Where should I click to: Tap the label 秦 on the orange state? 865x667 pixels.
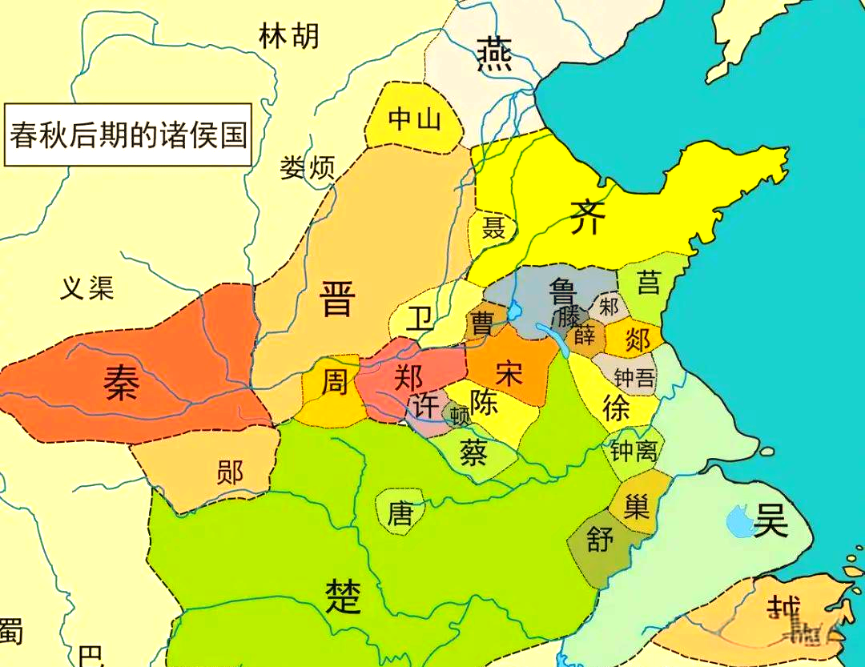122,383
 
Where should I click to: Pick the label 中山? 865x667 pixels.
414,119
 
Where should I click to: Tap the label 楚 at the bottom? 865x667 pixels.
343,596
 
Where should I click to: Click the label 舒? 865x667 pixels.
601,540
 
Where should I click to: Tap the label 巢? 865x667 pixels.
637,506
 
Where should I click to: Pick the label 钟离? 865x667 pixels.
634,452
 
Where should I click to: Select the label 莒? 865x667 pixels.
648,282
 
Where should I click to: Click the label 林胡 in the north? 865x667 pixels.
289,36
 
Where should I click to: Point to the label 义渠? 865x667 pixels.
87,287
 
